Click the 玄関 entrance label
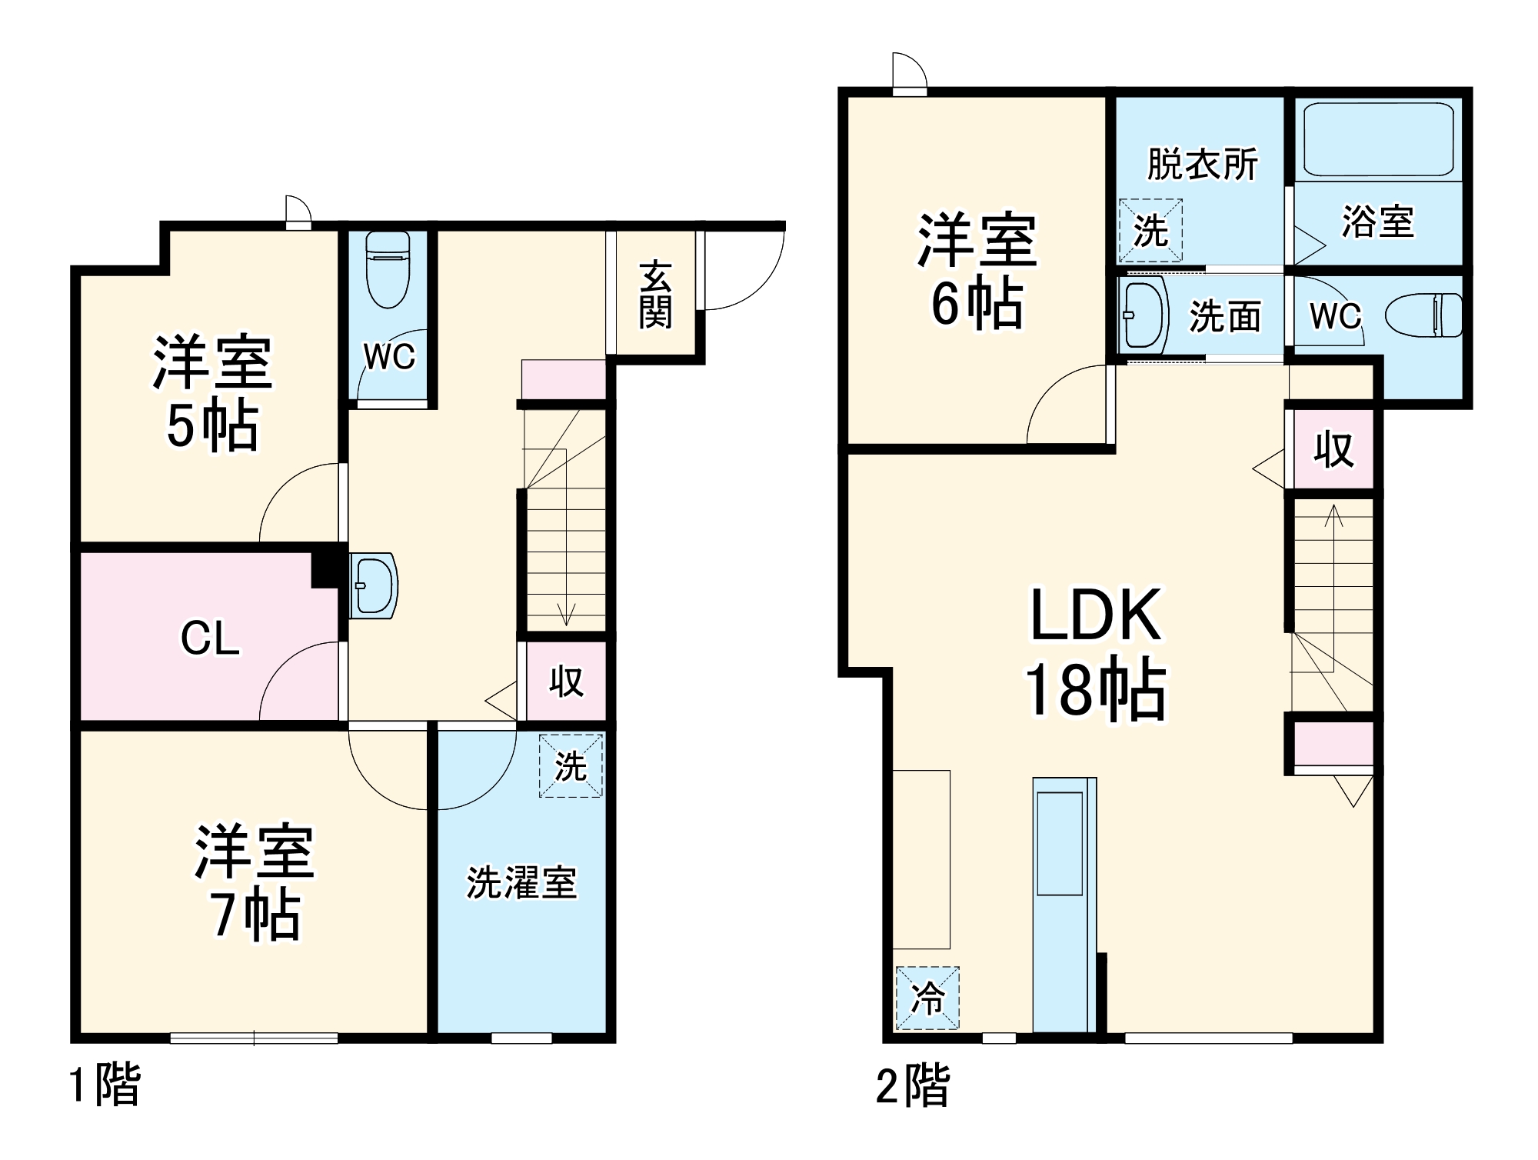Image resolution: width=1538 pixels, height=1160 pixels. (x=655, y=295)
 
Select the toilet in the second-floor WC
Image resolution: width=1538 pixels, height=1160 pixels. (x=1425, y=315)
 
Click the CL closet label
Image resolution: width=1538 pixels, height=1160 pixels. (x=210, y=638)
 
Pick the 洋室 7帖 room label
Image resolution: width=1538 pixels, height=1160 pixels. (x=255, y=882)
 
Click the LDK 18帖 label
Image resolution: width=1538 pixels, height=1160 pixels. (x=1096, y=654)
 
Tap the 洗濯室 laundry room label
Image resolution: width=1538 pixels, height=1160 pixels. (x=521, y=882)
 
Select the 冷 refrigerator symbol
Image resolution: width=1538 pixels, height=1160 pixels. (x=927, y=998)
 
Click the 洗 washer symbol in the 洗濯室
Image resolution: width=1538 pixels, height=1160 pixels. (x=571, y=765)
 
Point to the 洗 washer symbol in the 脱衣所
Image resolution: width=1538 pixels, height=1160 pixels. (x=1150, y=230)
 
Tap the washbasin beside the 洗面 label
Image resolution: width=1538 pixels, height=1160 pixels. (x=1144, y=315)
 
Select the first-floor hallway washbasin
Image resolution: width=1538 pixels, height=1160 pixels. (x=373, y=585)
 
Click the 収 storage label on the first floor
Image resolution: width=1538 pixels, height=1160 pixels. (x=566, y=681)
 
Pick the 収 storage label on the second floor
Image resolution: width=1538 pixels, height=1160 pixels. (x=1333, y=449)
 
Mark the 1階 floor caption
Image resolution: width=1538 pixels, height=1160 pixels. (x=105, y=1085)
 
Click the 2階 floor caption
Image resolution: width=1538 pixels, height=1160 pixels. (x=913, y=1085)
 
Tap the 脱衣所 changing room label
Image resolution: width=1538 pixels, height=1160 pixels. (x=1202, y=164)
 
